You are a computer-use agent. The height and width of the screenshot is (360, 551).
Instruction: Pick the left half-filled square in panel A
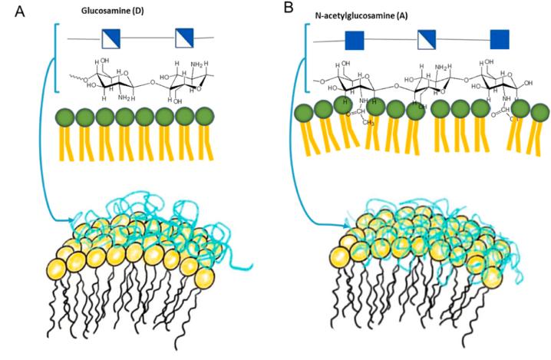click(111, 37)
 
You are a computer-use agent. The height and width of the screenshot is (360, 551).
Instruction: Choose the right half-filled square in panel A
click(185, 37)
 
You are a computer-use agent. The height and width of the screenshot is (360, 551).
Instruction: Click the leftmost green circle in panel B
click(303, 114)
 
